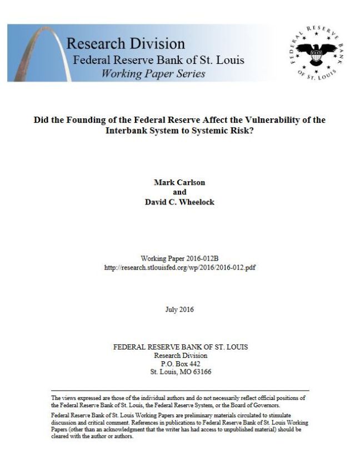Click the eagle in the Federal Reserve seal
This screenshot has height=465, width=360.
click(316, 54)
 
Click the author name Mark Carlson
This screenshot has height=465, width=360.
click(179, 182)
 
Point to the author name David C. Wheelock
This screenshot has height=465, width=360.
click(179, 202)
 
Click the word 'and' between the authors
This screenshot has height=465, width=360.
click(179, 192)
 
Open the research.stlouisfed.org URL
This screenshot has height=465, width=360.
click(179, 267)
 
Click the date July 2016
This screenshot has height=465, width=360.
click(179, 309)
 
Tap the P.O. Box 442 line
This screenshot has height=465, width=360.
click(179, 364)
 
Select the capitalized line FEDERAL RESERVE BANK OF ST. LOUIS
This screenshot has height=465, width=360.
click(179, 347)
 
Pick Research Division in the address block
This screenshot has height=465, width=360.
click(179, 356)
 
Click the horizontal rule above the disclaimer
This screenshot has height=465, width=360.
click(179, 391)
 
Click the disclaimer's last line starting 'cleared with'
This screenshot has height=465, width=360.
click(92, 436)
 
